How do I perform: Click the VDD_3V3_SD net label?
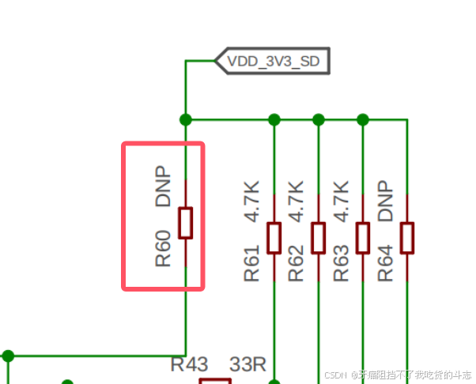[273, 60]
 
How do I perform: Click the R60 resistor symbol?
[186, 223]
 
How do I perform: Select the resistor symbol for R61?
[274, 237]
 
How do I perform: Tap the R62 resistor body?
[319, 237]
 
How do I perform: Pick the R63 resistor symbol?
[363, 237]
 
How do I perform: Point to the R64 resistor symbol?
[407, 237]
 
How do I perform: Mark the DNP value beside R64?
[385, 201]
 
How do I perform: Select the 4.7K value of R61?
[252, 202]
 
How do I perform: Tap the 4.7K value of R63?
[341, 202]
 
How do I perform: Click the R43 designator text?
[190, 365]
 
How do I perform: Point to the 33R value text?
[247, 365]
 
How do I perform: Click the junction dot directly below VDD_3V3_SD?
[186, 119]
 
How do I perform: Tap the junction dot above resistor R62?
[319, 119]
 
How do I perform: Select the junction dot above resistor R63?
[363, 119]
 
